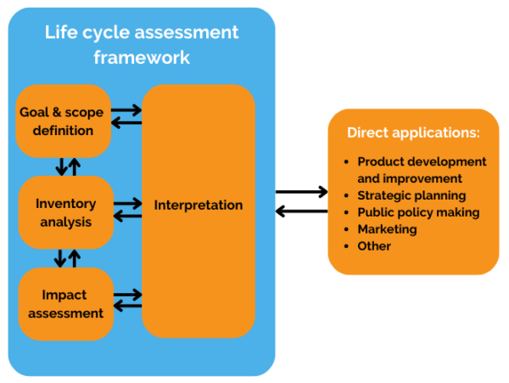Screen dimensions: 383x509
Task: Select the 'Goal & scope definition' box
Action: [64, 121]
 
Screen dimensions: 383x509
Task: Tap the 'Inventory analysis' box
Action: [65, 212]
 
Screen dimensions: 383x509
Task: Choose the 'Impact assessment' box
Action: [65, 303]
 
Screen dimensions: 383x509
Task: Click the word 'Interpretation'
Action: [199, 205]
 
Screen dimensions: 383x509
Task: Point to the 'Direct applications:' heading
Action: [413, 133]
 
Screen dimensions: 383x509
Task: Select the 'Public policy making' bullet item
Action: [418, 212]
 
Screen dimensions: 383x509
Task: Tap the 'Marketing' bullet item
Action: [387, 229]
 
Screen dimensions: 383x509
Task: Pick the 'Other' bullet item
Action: [374, 246]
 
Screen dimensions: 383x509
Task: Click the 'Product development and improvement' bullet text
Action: [422, 170]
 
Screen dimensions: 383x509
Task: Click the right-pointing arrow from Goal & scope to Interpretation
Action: [127, 110]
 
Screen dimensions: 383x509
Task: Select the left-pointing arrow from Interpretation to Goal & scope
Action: [127, 124]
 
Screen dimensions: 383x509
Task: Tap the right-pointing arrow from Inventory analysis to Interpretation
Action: [127, 203]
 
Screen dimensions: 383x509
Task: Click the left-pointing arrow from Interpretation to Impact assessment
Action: [127, 307]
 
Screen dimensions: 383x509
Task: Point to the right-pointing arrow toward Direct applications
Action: [301, 193]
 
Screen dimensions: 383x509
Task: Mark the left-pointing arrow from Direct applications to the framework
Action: [301, 211]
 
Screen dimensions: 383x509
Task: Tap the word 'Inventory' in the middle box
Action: [65, 204]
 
